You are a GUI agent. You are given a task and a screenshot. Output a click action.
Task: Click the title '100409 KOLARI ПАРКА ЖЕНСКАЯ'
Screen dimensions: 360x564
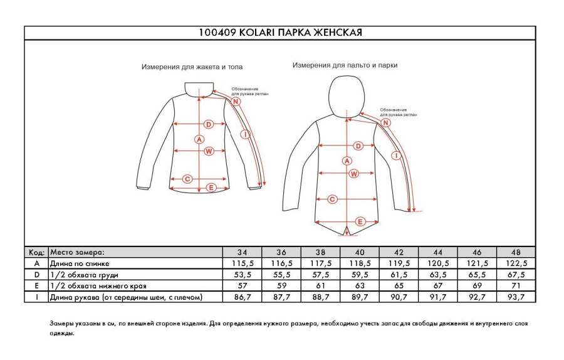(279, 33)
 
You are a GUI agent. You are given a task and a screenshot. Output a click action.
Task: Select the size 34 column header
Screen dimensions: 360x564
(243, 252)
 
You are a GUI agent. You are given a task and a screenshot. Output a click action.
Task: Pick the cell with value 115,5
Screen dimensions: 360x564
(243, 263)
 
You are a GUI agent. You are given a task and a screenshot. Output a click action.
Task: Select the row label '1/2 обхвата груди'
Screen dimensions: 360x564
(84, 275)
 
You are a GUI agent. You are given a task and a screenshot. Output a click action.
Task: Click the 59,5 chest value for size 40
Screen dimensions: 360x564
(359, 275)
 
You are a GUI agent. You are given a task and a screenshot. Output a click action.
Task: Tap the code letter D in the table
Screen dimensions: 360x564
(36, 275)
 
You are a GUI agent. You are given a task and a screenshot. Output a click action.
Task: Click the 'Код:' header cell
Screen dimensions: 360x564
(36, 252)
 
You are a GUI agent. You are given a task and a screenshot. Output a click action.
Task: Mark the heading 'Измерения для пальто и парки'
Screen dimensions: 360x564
(345, 65)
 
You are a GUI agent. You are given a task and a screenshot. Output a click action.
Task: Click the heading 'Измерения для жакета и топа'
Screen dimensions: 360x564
(192, 66)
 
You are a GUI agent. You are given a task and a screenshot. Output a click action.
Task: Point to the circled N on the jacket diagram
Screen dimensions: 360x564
(236, 102)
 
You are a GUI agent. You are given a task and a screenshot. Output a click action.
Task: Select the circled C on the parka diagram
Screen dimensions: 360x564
(333, 199)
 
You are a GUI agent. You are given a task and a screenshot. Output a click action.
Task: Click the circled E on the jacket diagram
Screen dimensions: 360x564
(211, 188)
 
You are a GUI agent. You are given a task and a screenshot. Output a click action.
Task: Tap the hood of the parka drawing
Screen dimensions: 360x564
(346, 94)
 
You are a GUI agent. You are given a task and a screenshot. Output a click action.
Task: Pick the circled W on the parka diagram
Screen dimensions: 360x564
(353, 174)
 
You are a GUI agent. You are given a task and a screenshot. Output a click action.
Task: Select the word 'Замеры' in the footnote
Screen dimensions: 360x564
(61, 324)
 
